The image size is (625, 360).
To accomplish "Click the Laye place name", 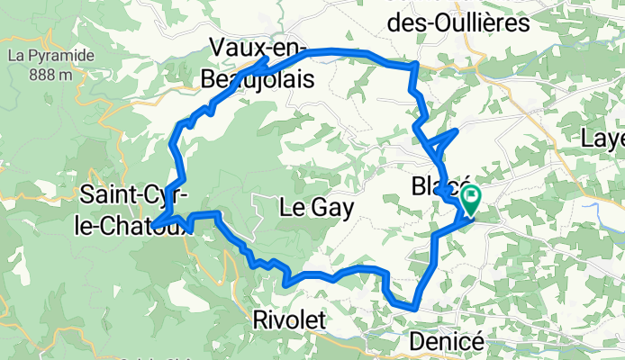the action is click(x=603, y=139).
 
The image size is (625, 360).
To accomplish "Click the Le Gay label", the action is click(x=315, y=208).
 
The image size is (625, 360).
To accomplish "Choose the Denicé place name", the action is click(x=447, y=341).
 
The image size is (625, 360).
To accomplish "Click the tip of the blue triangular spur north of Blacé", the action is click(x=457, y=131).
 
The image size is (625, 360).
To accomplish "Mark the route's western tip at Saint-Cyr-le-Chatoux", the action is click(x=153, y=225).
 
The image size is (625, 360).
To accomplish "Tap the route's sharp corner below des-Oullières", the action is click(x=414, y=65).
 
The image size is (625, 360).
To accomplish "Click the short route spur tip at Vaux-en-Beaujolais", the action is click(x=267, y=59).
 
